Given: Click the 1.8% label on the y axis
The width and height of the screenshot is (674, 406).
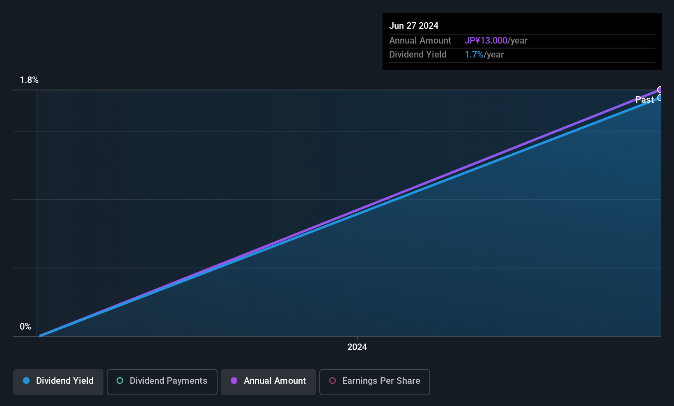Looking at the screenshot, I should click(29, 80).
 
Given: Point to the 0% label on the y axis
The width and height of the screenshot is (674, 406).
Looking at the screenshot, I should click(25, 327).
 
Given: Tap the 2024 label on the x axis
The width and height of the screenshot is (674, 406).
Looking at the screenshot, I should click(357, 347).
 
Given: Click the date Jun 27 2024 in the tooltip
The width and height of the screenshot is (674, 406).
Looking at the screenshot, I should click(414, 26).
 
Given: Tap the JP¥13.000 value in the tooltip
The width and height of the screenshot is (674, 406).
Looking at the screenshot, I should click(486, 41).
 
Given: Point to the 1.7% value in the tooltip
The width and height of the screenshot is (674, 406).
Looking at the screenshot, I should click(474, 55).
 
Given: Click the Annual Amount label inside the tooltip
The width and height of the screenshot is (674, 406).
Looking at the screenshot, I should click(420, 41).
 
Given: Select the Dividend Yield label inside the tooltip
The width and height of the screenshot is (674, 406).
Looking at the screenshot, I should click(418, 55).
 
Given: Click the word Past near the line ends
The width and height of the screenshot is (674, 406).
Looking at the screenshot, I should click(644, 100).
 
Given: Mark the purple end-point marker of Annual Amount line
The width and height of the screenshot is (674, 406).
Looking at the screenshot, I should click(660, 90).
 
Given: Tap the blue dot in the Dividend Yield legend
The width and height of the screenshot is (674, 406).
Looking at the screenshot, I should click(26, 381).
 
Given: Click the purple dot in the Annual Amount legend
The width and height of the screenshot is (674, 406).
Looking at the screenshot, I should click(234, 381).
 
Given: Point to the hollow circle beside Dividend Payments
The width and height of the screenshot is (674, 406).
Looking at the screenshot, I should click(120, 381).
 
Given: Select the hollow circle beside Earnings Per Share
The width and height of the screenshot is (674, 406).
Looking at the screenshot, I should click(332, 381).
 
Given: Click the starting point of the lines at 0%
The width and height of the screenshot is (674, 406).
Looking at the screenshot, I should click(40, 336).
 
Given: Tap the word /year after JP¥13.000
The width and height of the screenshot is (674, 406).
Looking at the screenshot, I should click(518, 41).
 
